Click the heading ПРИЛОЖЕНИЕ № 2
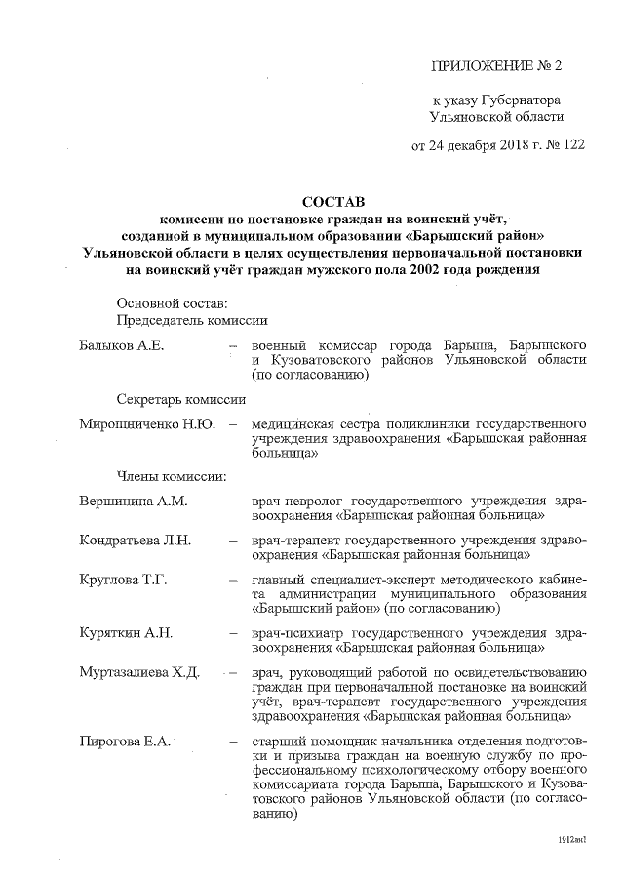click(497, 66)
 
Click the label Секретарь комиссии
click(180, 400)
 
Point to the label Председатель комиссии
click(193, 320)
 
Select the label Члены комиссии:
click(172, 477)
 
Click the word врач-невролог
click(292, 502)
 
